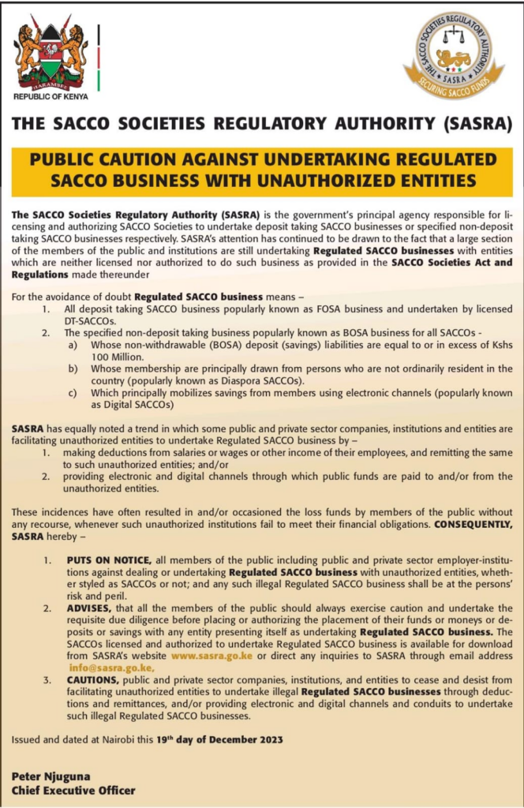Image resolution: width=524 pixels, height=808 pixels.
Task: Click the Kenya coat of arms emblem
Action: click(x=51, y=50)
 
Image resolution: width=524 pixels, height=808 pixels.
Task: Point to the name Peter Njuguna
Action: click(x=50, y=776)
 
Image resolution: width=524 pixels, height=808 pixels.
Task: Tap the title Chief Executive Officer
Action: click(x=73, y=790)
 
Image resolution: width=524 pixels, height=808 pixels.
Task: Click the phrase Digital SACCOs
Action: click(x=133, y=404)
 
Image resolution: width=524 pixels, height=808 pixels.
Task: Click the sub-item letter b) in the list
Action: click(x=72, y=368)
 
